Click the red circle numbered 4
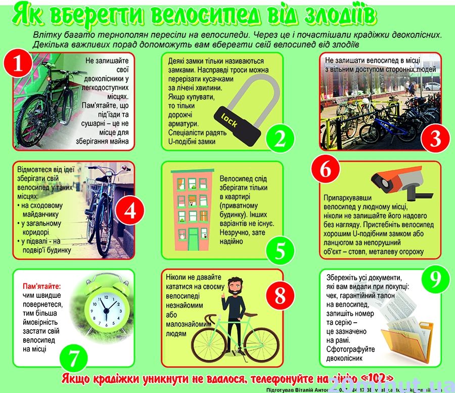(x=130, y=211)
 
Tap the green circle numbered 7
(x=74, y=359)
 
